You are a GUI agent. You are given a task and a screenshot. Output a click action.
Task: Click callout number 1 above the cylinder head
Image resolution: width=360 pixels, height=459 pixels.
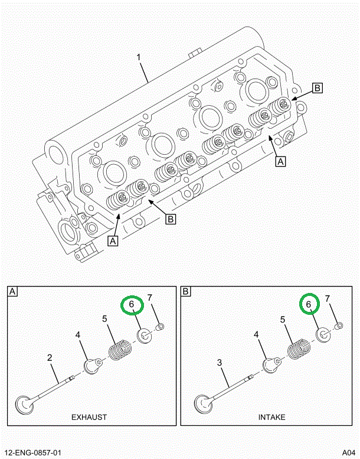[139, 58]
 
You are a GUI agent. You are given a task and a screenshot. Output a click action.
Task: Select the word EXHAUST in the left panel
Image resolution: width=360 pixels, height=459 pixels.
[89, 417]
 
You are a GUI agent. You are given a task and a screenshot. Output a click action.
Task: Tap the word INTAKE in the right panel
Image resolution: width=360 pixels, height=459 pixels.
[271, 417]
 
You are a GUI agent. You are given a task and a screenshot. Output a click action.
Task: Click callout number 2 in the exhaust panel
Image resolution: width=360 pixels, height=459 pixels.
[50, 357]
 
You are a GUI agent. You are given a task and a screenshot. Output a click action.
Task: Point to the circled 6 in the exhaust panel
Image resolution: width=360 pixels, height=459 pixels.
[132, 305]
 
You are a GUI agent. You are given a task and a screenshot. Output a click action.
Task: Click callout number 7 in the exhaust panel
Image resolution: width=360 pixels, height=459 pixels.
[150, 297]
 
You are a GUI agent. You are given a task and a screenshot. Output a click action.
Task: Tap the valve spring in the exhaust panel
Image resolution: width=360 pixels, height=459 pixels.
[120, 350]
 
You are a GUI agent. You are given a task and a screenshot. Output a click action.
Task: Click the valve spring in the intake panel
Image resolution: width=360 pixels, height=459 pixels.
[299, 349]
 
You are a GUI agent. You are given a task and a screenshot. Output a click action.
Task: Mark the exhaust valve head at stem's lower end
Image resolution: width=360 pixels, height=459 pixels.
[25, 406]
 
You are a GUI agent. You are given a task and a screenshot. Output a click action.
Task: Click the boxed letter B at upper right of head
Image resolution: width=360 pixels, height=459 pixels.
[317, 88]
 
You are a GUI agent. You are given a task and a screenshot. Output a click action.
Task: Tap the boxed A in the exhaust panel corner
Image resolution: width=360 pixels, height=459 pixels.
[12, 291]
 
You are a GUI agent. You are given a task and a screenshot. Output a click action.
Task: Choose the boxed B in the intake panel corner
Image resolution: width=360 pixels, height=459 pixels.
[186, 291]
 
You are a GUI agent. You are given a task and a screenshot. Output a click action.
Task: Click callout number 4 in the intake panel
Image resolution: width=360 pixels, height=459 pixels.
[257, 335]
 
